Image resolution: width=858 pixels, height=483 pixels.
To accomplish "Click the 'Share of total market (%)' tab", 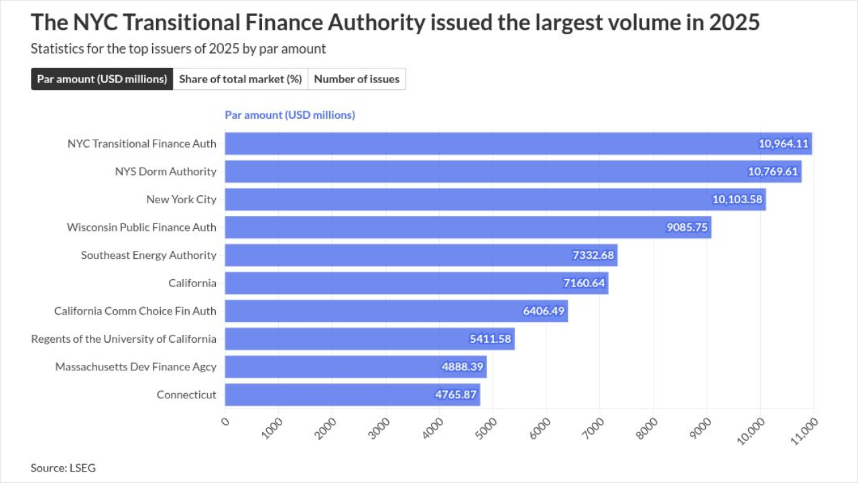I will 241,79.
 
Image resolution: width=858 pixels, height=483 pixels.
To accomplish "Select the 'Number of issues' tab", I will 357,79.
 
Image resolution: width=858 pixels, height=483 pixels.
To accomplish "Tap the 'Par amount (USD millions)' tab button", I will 102,79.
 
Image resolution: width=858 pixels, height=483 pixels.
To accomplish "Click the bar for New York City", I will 469,199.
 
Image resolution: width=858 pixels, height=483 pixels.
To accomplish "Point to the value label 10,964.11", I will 784,144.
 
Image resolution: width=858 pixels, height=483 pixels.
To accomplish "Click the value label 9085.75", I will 687,227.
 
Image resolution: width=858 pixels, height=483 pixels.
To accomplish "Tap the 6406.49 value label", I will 544,311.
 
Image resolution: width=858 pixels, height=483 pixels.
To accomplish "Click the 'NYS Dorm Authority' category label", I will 166,172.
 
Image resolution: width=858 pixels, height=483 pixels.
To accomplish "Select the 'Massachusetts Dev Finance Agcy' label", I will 136,367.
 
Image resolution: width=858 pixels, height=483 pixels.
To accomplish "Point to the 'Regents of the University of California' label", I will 124,339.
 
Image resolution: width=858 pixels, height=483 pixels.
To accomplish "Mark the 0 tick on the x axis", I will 225,421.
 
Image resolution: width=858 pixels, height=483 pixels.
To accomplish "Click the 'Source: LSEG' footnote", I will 63,468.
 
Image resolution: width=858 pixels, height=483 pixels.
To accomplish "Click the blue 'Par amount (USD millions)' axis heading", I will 290,115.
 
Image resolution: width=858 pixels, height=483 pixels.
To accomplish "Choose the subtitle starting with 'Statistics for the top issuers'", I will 178,49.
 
